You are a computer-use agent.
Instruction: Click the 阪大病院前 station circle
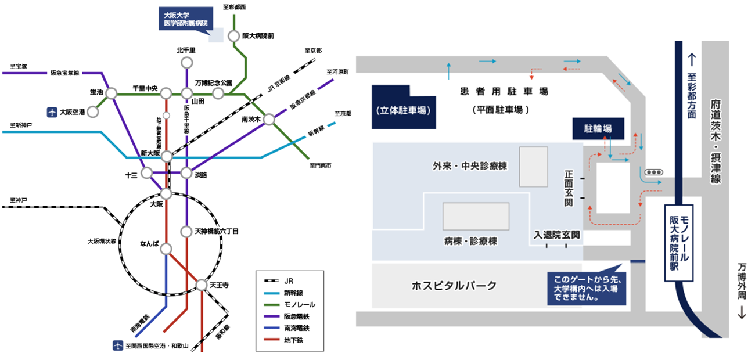point(233,36)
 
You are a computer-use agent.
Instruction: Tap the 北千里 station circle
point(186,63)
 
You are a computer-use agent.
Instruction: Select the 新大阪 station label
point(150,153)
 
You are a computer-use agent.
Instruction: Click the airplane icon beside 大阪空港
point(52,112)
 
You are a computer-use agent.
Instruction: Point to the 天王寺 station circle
point(201,285)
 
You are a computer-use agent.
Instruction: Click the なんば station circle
point(166,249)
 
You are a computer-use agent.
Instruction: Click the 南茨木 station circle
point(268,119)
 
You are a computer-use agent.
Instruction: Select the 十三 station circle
point(147,173)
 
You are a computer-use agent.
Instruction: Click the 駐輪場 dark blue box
point(598,129)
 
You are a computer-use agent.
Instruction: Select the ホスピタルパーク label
point(454,286)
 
